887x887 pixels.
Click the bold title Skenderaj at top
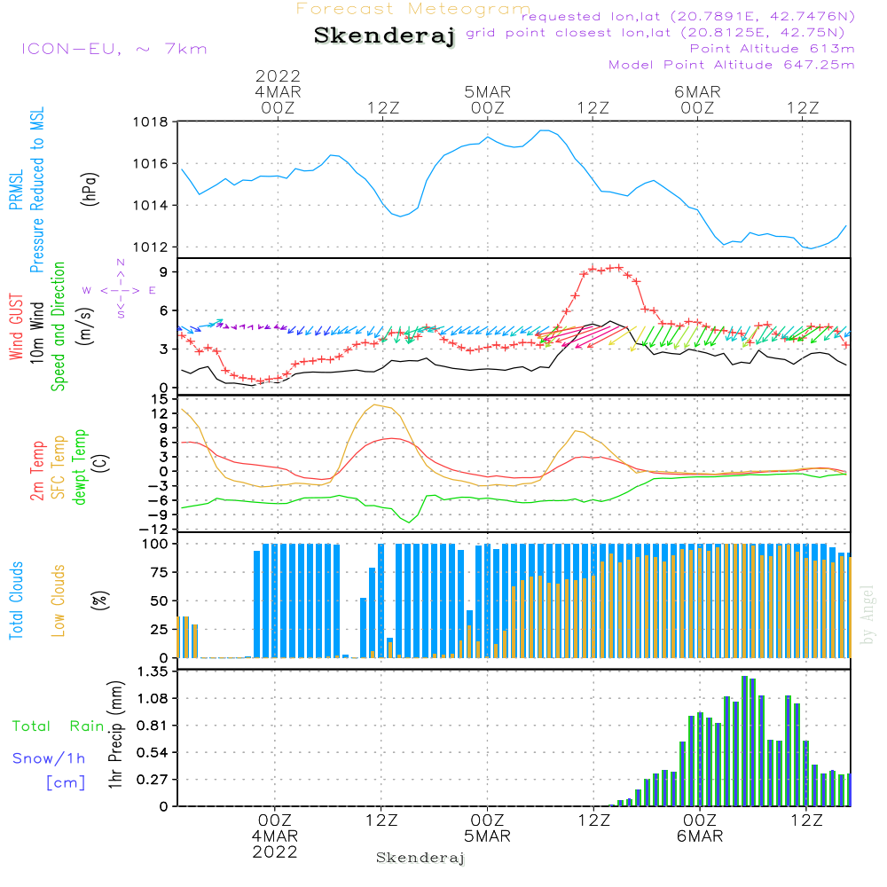click(384, 36)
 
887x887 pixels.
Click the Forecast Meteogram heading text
click(413, 9)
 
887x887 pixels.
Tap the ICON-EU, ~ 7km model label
click(114, 49)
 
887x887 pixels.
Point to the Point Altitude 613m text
click(772, 48)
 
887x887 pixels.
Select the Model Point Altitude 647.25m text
click(732, 65)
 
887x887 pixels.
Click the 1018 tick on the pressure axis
click(151, 122)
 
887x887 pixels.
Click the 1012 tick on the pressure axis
click(151, 247)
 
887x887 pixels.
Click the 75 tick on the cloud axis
click(159, 572)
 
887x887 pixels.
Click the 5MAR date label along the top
click(487, 91)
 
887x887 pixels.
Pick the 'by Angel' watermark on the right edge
click(867, 615)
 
